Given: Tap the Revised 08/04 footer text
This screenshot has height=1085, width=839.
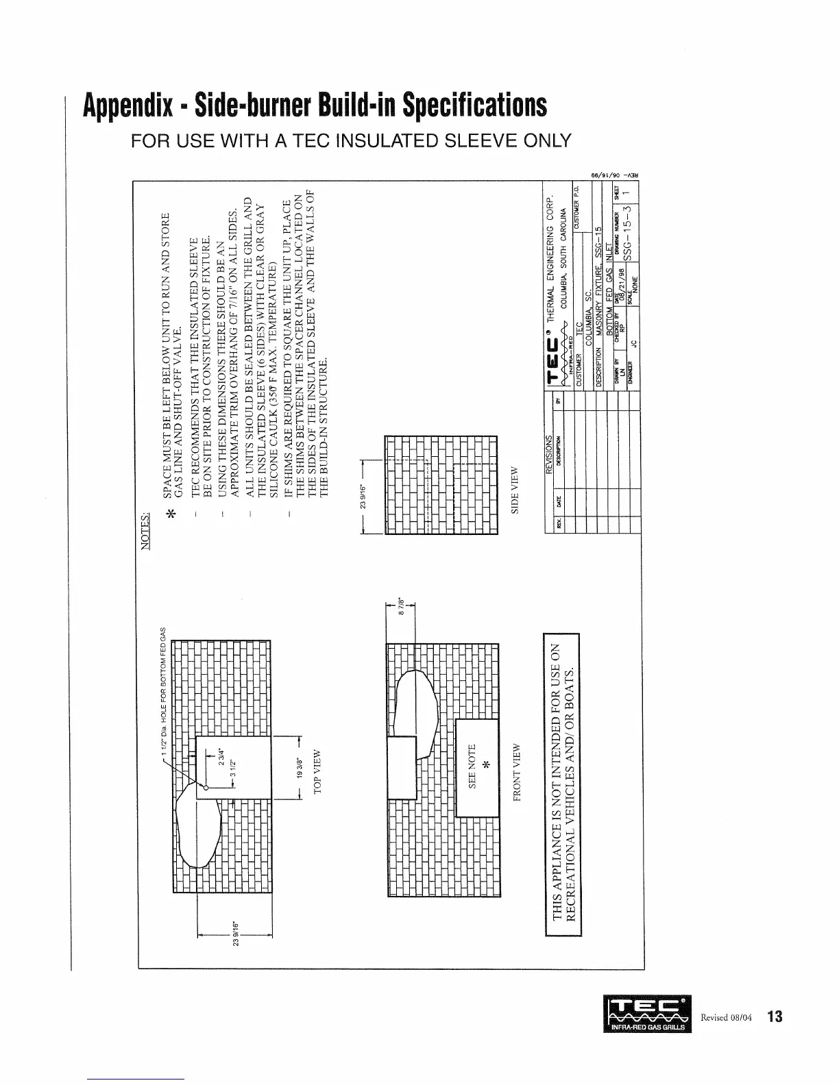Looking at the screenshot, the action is pos(727,1017).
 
